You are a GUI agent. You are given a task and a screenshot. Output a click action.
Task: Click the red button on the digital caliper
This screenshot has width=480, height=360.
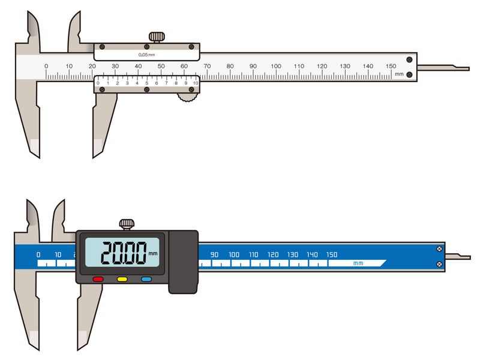[98, 279]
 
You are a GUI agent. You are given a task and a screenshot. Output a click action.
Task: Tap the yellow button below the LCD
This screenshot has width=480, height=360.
[122, 279]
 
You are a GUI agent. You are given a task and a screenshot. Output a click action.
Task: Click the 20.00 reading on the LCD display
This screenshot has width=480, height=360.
[124, 253]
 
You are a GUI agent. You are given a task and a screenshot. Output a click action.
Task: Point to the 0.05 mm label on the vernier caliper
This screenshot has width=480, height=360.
[146, 55]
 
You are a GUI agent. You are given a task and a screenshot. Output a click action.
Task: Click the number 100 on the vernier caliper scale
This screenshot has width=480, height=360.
[276, 66]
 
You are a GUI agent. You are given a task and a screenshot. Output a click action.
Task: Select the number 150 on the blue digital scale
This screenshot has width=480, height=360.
[332, 254]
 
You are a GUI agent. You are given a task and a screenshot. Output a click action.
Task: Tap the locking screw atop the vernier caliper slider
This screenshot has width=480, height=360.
[157, 37]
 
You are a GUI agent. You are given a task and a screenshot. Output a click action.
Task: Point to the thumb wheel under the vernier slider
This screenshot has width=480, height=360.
[187, 97]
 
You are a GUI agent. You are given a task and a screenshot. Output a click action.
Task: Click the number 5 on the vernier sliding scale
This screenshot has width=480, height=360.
[146, 83]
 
